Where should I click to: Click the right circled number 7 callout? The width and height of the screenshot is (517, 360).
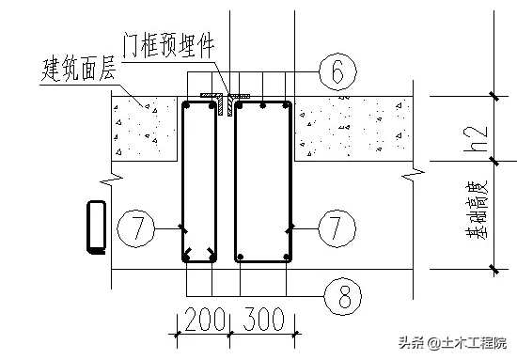[x=336, y=227]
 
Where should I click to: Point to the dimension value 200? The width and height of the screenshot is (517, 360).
[x=198, y=320]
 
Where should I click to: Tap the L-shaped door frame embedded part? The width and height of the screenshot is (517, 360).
[x=225, y=99]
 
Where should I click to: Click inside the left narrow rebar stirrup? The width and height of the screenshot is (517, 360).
[x=200, y=179]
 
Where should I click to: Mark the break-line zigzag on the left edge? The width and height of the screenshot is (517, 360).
[x=116, y=177]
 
